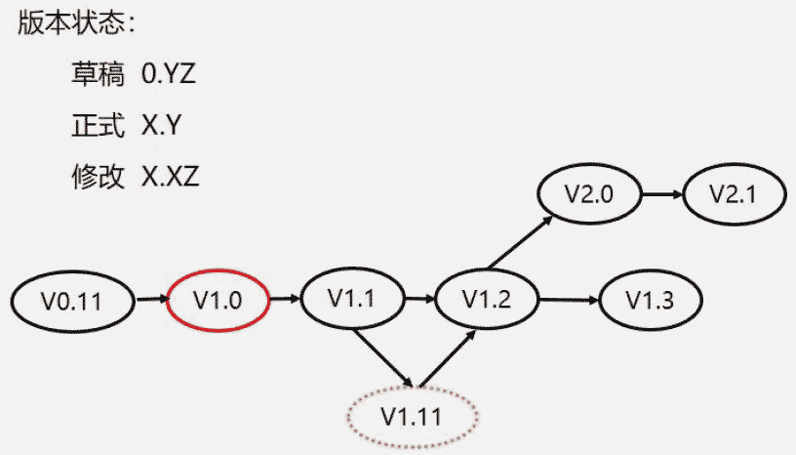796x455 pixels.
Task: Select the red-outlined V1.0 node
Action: click(x=218, y=301)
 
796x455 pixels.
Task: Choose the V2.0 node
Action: click(x=588, y=192)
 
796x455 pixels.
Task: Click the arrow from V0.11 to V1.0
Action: click(x=149, y=301)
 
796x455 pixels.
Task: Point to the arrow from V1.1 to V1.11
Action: click(x=382, y=359)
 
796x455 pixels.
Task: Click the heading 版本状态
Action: click(x=75, y=24)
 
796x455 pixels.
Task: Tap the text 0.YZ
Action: click(x=169, y=73)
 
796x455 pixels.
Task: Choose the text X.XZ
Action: click(x=171, y=177)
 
